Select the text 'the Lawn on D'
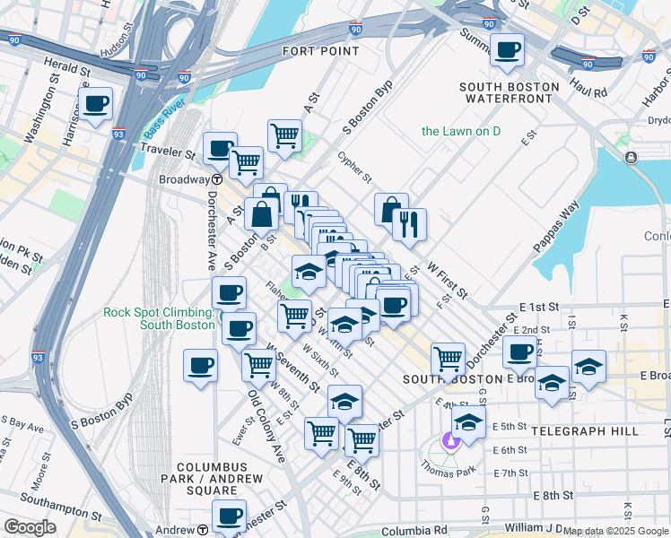(461, 132)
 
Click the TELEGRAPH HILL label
(584, 431)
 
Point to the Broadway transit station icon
(216, 179)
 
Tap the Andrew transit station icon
(203, 530)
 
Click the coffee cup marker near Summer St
(509, 50)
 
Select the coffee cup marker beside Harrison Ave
(95, 104)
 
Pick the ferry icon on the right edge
(632, 158)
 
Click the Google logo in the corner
(30, 526)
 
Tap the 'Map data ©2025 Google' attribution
(616, 532)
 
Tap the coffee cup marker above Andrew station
(229, 515)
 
